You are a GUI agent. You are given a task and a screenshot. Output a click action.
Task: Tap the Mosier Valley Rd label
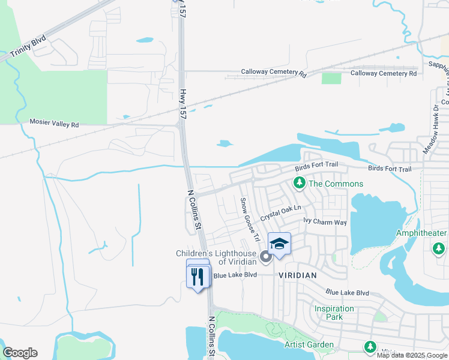[x=54, y=124]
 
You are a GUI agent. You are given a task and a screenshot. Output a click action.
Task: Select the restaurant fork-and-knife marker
[x=198, y=277]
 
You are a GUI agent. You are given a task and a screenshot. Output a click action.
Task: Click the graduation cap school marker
[x=279, y=244]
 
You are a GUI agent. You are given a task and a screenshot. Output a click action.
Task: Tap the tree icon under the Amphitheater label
[x=438, y=247]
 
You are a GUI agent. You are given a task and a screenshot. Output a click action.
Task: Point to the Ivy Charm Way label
[x=325, y=222]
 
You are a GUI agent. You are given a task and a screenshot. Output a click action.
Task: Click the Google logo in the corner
[x=20, y=353]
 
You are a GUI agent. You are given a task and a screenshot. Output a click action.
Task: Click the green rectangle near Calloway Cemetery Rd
[x=331, y=78]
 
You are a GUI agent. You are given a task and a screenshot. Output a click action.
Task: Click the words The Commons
[x=336, y=184]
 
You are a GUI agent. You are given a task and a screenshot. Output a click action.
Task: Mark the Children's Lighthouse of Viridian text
[x=216, y=257]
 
